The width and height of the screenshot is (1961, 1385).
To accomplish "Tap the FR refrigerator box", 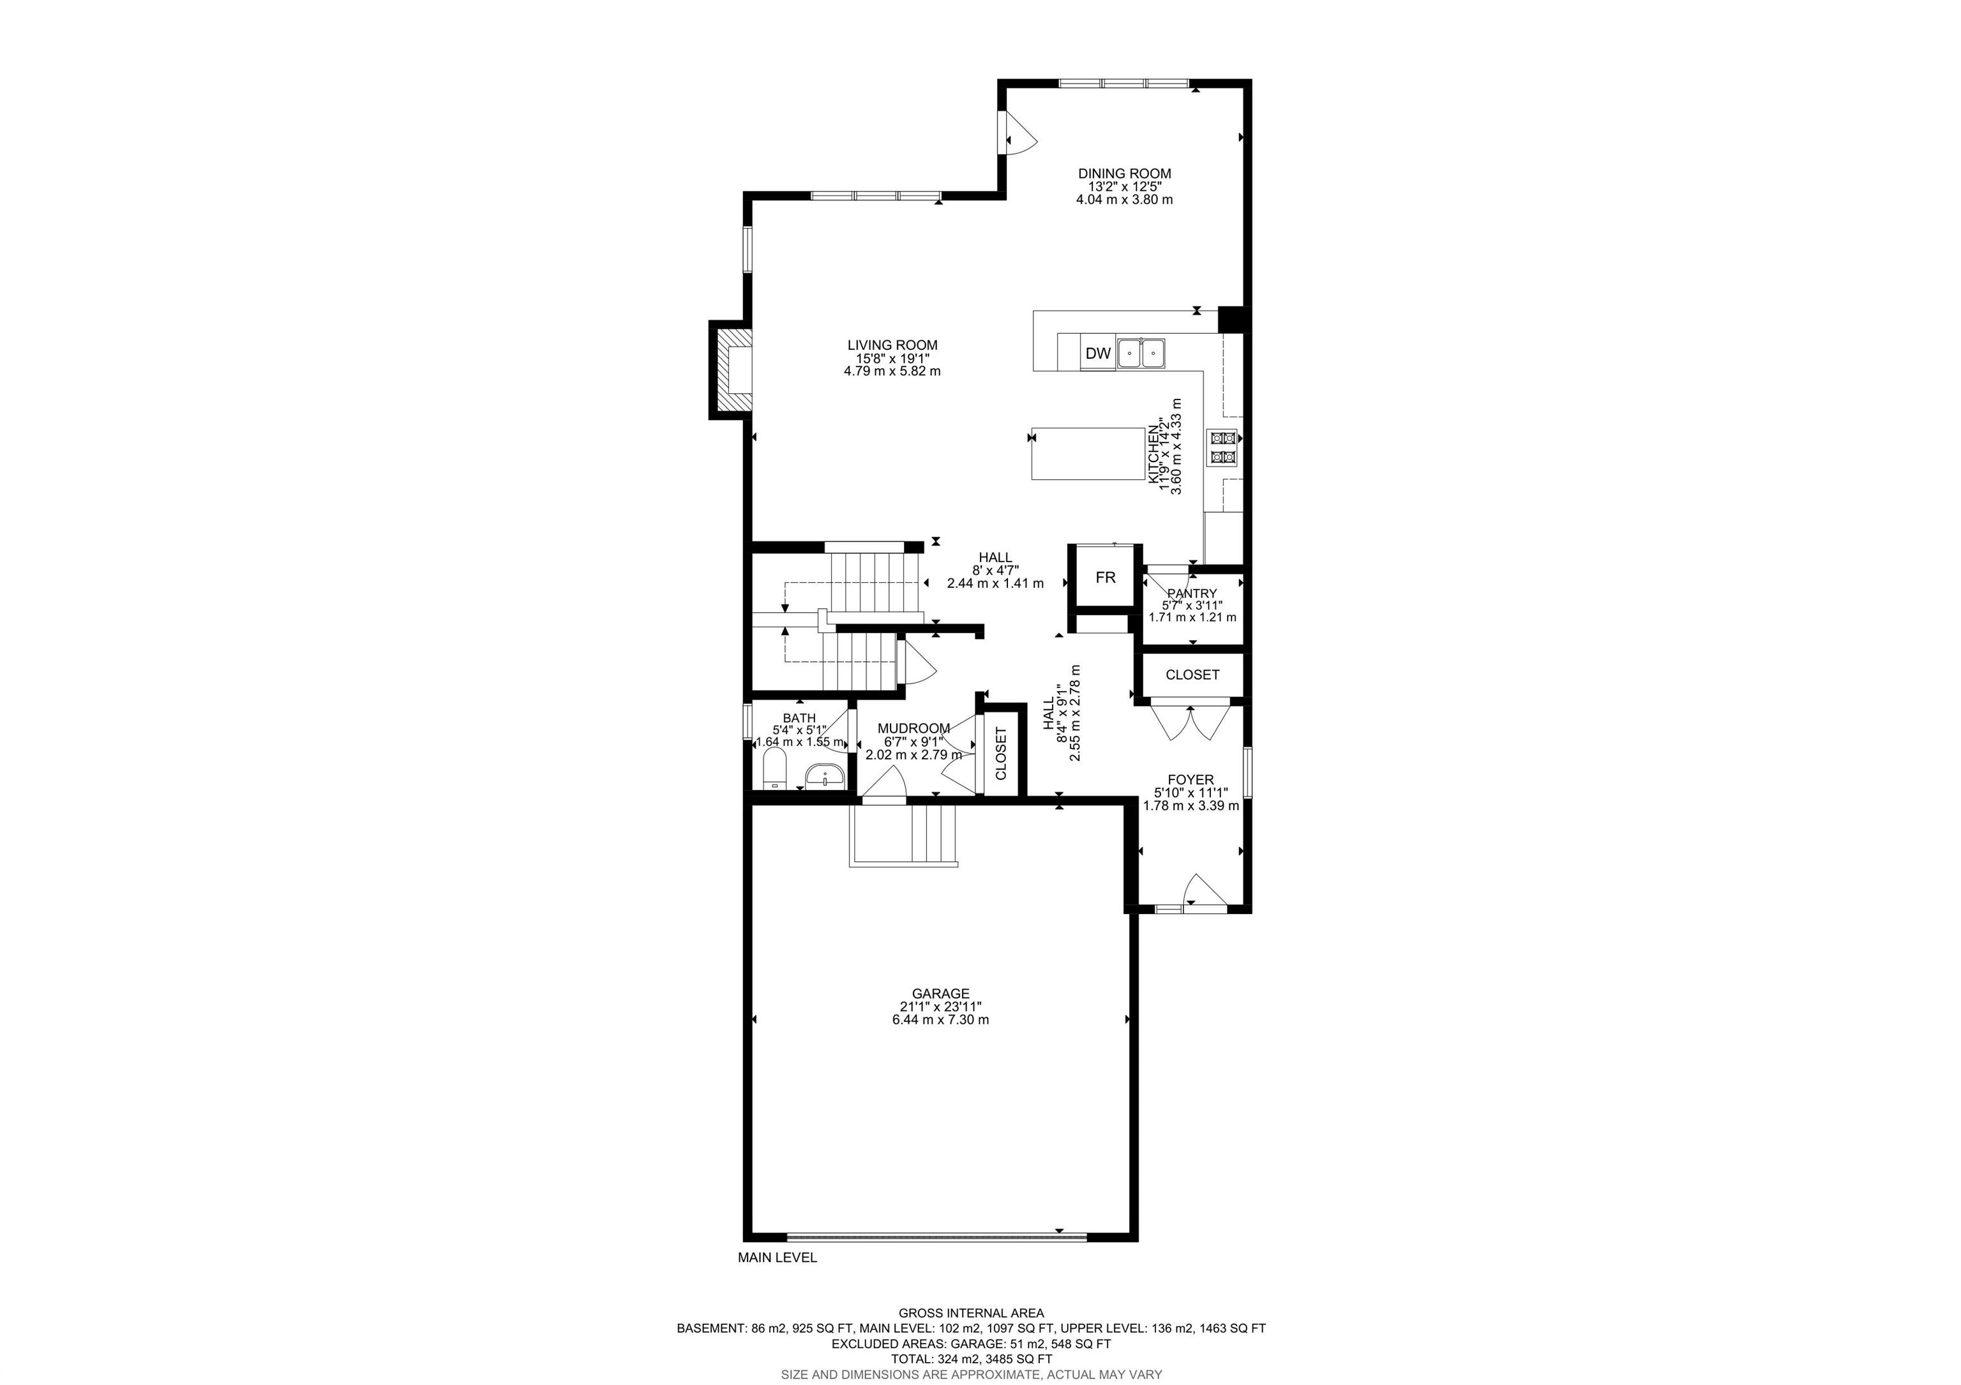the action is [x=1105, y=577].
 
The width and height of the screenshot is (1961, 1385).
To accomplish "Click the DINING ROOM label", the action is [x=1124, y=174].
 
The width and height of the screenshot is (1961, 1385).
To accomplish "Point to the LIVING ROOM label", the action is [x=892, y=345].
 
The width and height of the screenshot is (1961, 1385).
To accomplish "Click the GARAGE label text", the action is [x=940, y=993].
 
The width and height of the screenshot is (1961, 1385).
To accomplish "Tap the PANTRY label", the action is [x=1192, y=594].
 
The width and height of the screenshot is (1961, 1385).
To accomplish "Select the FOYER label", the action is [x=1191, y=779].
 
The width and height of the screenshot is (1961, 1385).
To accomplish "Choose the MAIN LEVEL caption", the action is [x=778, y=1257].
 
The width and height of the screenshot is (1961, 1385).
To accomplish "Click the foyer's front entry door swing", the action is [x=1205, y=890].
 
